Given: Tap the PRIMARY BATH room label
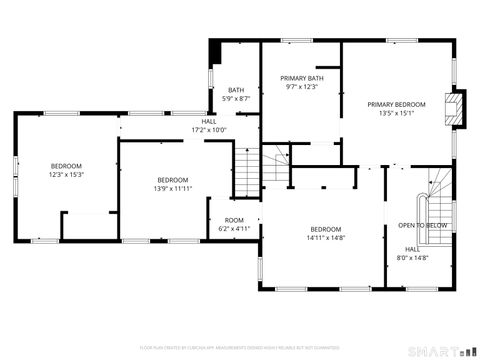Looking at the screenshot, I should coord(301,78).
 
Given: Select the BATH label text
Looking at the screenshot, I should coord(236,90).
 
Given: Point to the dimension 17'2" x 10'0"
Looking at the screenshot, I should coord(209,129).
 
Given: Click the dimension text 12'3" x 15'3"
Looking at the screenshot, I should coord(67,174).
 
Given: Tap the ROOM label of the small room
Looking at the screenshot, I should coord(233,220).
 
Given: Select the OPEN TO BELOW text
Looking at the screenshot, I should coord(422,225).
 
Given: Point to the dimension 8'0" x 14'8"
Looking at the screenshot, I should coord(411,258).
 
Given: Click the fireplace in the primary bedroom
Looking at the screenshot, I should coord(456,108).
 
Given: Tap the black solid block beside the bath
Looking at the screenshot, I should coord(214,52).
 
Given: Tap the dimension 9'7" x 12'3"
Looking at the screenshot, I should coord(301,87).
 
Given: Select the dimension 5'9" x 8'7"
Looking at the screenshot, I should coord(236,98).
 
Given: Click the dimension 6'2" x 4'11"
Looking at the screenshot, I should coord(233,229).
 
